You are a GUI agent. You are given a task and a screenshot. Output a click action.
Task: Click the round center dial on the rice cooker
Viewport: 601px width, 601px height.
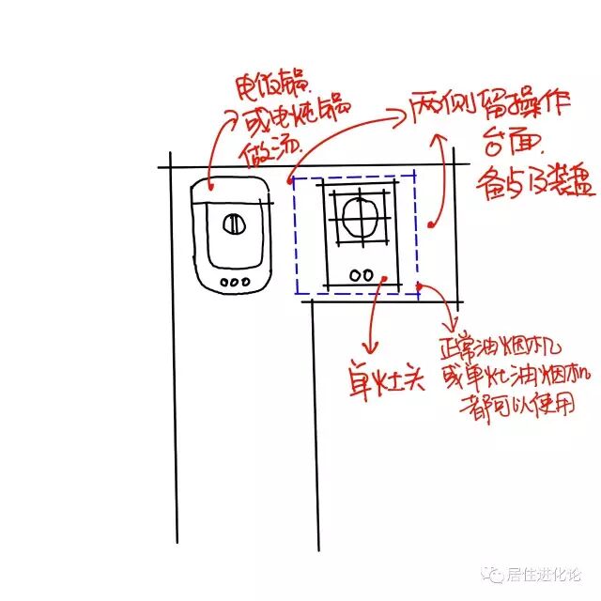pos(234,224)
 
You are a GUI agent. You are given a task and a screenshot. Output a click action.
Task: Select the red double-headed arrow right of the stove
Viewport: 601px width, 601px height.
pos(436,178)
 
